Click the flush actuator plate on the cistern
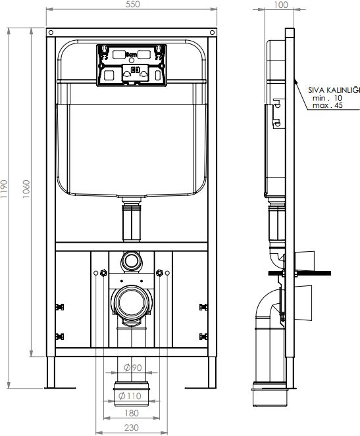131,64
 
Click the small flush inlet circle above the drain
130,261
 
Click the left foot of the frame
51,372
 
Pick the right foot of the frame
213,372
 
